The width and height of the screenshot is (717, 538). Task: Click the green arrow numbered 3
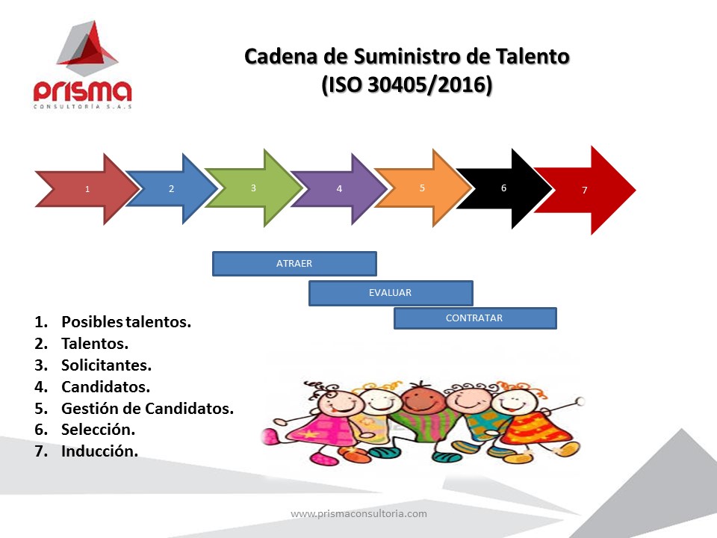click(x=253, y=188)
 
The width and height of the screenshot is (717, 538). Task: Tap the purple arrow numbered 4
click(x=339, y=188)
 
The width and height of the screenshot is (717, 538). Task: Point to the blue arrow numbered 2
click(x=172, y=188)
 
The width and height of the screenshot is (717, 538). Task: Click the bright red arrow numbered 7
click(x=585, y=190)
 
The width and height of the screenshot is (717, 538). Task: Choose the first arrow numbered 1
click(x=87, y=189)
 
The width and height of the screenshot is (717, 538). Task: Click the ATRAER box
click(x=294, y=264)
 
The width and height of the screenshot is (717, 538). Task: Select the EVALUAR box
click(x=391, y=293)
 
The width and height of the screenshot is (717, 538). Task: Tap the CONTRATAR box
click(x=475, y=318)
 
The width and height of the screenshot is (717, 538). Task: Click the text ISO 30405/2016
click(x=407, y=84)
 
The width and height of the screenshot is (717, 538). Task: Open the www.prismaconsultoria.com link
click(x=359, y=513)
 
